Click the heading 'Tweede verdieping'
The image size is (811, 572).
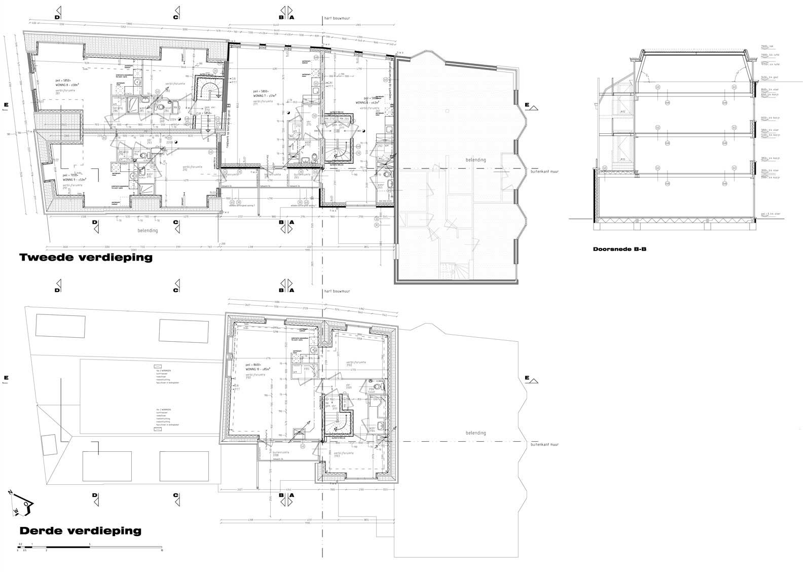pyautogui.click(x=86, y=258)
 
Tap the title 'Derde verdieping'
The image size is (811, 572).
pyautogui.click(x=80, y=531)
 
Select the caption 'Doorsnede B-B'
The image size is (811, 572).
pyautogui.click(x=619, y=249)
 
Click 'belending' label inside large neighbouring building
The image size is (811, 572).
pyautogui.click(x=475, y=160)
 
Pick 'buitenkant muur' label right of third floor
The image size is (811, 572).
pyautogui.click(x=544, y=445)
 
